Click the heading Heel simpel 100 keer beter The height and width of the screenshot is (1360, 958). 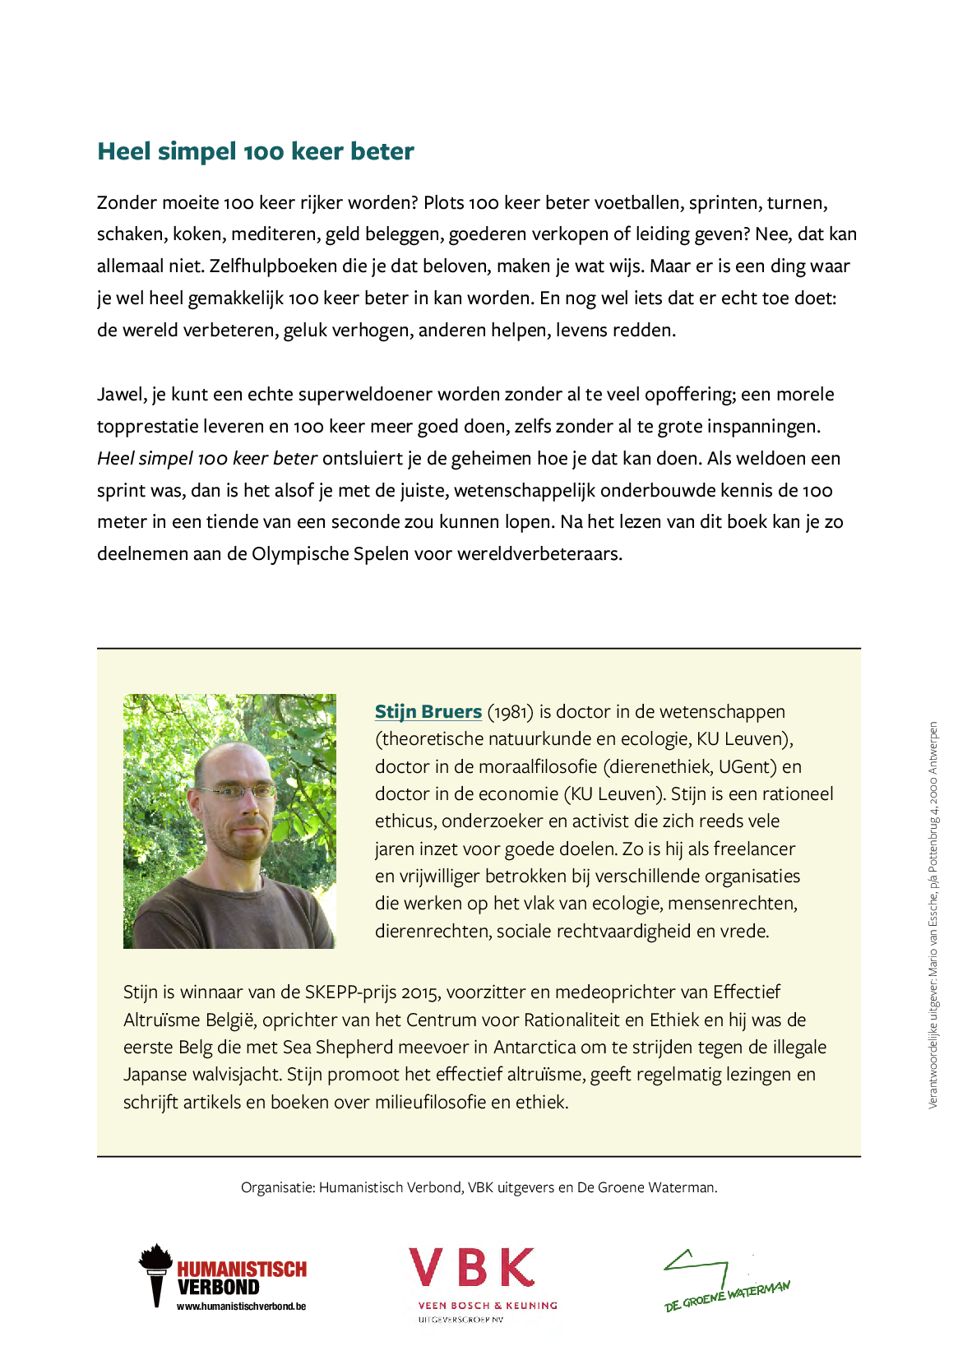[x=255, y=151]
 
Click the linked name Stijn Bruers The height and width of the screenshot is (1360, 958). [x=428, y=711]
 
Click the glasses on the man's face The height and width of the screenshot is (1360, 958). [x=237, y=792]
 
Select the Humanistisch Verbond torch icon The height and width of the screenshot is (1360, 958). [x=155, y=1274]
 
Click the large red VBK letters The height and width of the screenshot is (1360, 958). [x=472, y=1267]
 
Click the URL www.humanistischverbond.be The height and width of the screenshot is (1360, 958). [x=241, y=1306]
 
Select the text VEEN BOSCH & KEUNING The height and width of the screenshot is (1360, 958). [x=488, y=1305]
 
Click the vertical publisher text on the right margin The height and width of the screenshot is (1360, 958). [x=933, y=915]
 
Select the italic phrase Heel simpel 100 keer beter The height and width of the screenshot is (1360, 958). [x=207, y=459]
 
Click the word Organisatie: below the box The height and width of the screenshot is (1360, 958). [x=277, y=1187]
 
